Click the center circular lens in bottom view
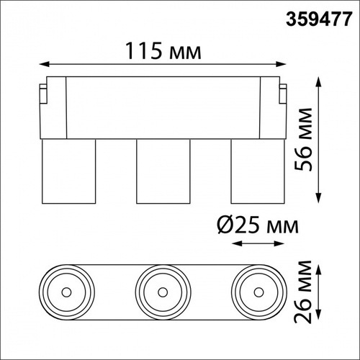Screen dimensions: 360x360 point(162,292)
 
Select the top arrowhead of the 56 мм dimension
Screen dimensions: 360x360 point(319,82)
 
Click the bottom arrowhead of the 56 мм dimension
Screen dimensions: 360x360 point(319,199)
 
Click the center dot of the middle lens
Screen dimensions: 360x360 point(162,292)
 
